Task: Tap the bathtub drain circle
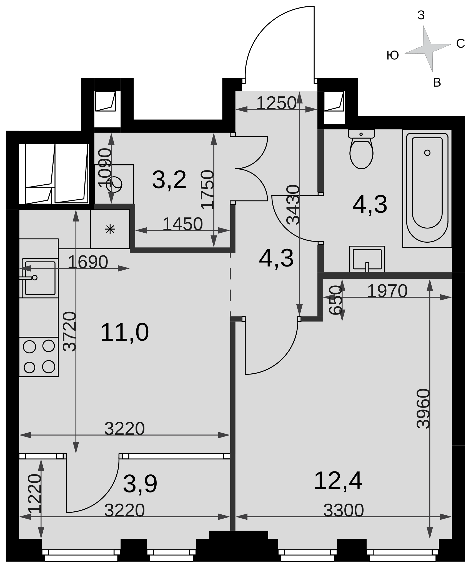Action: point(427,153)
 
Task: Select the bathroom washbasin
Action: point(367,259)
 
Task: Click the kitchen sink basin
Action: point(40,278)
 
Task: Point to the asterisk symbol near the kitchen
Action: point(110,229)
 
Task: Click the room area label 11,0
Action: point(125,333)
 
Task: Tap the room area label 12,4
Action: point(338,481)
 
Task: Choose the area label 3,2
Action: point(169,180)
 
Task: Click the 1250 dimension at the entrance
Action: point(276,103)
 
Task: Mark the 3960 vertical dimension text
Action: point(424,409)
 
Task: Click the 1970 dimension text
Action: point(387,291)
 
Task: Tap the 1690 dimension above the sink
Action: point(88,262)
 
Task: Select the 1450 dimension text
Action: point(182,224)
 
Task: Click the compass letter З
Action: point(421,15)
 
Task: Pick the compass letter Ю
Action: point(393,56)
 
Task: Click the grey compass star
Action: point(428,49)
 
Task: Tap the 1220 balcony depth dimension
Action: point(35,494)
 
